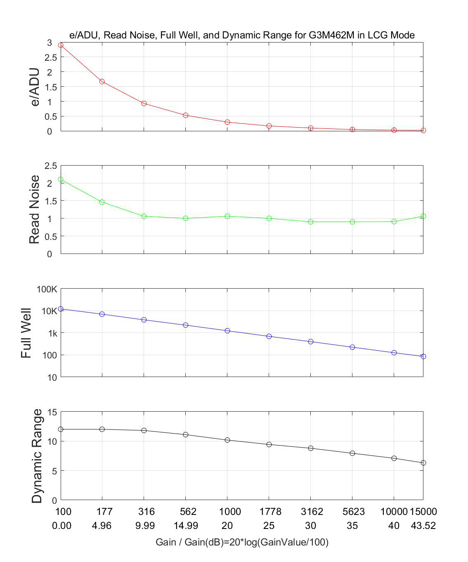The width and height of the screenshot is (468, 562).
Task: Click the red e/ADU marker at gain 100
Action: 61,45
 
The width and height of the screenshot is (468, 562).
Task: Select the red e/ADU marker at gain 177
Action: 102,81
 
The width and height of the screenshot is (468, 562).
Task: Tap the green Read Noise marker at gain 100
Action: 61,180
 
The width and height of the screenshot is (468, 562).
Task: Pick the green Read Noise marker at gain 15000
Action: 423,216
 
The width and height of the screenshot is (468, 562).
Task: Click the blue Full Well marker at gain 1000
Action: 227,331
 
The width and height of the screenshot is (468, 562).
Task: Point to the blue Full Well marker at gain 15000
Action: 423,356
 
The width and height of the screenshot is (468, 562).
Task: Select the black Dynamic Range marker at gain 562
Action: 186,434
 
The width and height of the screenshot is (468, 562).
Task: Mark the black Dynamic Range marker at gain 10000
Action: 394,458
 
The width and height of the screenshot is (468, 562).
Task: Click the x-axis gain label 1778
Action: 270,512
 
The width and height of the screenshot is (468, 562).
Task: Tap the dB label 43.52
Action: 423,526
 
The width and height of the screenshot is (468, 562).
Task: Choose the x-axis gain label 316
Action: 146,512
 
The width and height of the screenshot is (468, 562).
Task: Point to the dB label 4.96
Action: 102,526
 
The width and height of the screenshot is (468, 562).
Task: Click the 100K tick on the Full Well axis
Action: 47,289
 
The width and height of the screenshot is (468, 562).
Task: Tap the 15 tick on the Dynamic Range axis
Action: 52,412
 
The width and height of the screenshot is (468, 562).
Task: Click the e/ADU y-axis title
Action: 35,87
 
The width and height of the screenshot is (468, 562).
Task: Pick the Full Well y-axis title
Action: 26,333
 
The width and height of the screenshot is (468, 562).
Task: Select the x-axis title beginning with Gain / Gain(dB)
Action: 242,542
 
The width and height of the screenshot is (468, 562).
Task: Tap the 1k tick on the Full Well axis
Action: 51,333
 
